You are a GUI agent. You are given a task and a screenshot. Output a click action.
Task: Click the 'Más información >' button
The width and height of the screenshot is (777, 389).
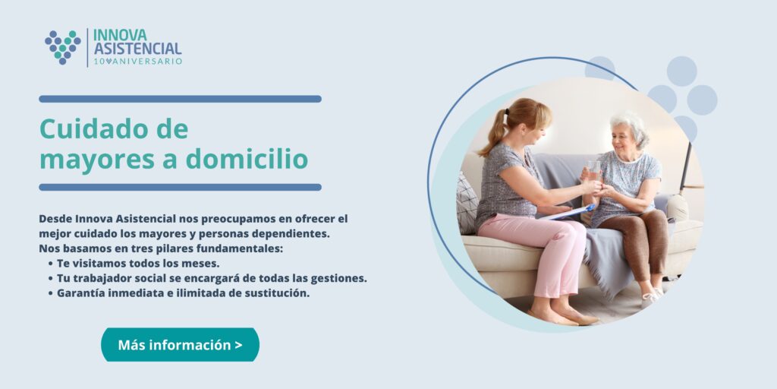[180, 345]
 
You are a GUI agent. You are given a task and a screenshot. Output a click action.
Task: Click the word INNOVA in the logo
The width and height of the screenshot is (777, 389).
[120, 35]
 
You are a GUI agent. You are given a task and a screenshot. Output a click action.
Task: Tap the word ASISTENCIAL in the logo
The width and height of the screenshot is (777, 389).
[138, 49]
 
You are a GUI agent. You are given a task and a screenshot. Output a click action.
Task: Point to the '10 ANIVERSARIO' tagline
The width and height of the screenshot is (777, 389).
[138, 62]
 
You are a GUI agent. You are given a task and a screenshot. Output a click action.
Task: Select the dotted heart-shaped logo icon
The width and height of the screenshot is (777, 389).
[62, 47]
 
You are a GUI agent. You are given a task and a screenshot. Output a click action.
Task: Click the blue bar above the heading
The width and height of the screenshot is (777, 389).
[180, 99]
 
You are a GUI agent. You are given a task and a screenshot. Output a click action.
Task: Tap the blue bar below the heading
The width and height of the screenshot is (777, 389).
[180, 187]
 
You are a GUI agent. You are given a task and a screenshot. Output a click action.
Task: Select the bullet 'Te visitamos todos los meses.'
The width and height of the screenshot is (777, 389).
[138, 263]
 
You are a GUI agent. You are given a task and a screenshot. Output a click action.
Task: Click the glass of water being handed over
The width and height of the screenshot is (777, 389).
[593, 170]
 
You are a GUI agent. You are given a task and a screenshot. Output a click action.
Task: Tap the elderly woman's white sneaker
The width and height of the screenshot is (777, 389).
[650, 299]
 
